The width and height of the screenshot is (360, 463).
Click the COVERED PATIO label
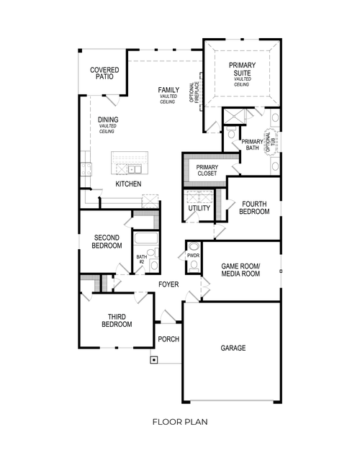(x=104, y=74)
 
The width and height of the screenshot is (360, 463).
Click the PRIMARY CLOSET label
(x=207, y=171)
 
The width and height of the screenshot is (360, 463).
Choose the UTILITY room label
(x=199, y=209)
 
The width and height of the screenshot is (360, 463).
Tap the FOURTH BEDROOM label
(x=255, y=207)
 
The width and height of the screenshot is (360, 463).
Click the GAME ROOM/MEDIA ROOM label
(x=240, y=270)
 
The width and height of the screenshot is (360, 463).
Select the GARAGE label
(x=233, y=348)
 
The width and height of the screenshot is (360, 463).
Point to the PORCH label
(x=168, y=339)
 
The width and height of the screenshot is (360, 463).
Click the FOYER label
(x=168, y=284)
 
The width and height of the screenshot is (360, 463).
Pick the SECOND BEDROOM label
(x=107, y=241)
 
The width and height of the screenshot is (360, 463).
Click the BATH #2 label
(x=141, y=257)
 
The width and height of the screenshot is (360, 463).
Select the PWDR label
(x=192, y=256)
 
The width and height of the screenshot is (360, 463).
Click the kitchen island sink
(x=135, y=170)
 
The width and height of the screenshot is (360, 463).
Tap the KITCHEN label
(x=128, y=184)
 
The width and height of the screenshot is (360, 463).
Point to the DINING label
(x=108, y=120)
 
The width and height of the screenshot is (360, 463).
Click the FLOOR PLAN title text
(x=179, y=422)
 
